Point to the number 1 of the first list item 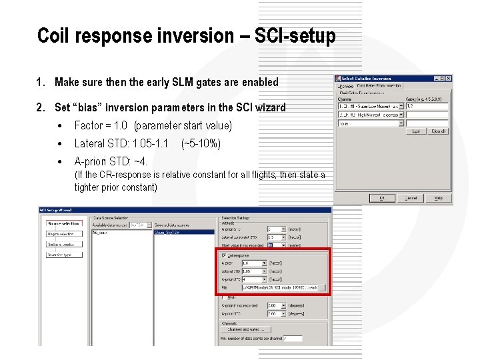coord(40,83)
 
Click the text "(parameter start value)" coord(183,125)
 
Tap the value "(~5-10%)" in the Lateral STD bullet coord(201,143)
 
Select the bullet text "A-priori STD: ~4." coord(111,161)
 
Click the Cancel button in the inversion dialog coord(411,198)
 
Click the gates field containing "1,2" coord(427,106)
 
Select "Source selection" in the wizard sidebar coord(64,223)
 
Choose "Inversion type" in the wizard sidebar coord(64,255)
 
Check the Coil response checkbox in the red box coord(224,255)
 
